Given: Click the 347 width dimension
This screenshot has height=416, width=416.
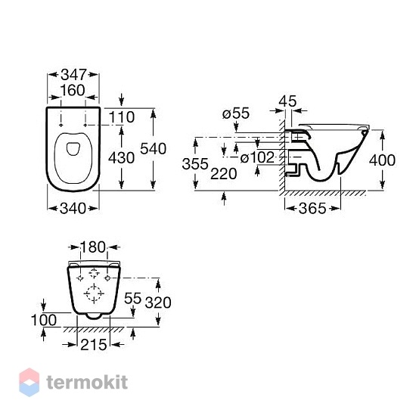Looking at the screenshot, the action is [x=74, y=75].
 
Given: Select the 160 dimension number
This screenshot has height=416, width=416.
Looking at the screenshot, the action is [x=73, y=90].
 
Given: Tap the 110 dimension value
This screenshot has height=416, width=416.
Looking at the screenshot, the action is [x=122, y=117].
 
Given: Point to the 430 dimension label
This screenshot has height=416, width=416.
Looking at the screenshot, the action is [x=122, y=158].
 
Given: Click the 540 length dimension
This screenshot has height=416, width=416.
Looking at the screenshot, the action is [x=153, y=148].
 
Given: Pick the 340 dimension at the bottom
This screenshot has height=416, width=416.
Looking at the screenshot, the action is [x=73, y=209].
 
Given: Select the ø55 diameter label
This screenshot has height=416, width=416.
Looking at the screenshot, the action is [x=236, y=113].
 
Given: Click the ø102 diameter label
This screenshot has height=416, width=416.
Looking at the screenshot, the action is [x=257, y=157].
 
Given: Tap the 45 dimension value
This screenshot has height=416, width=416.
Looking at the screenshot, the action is [x=288, y=101].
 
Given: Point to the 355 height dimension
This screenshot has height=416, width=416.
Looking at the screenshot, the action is [x=195, y=164].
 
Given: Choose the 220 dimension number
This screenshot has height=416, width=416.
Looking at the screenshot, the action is [x=224, y=174].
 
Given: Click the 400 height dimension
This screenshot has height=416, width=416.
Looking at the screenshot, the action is [x=382, y=160].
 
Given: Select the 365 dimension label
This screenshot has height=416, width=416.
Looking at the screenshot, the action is [x=312, y=208].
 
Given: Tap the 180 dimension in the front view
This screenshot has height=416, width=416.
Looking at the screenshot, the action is [x=93, y=247].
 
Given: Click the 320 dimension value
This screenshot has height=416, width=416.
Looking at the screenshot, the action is [x=158, y=303].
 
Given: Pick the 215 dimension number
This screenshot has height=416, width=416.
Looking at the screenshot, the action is [x=93, y=345].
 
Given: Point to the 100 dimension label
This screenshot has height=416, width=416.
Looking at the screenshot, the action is [x=44, y=320].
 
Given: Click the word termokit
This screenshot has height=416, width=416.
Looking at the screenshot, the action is [x=87, y=382].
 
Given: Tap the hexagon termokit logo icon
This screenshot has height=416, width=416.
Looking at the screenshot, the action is [x=29, y=382].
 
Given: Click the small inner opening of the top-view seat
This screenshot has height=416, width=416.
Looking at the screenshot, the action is [x=72, y=149].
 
